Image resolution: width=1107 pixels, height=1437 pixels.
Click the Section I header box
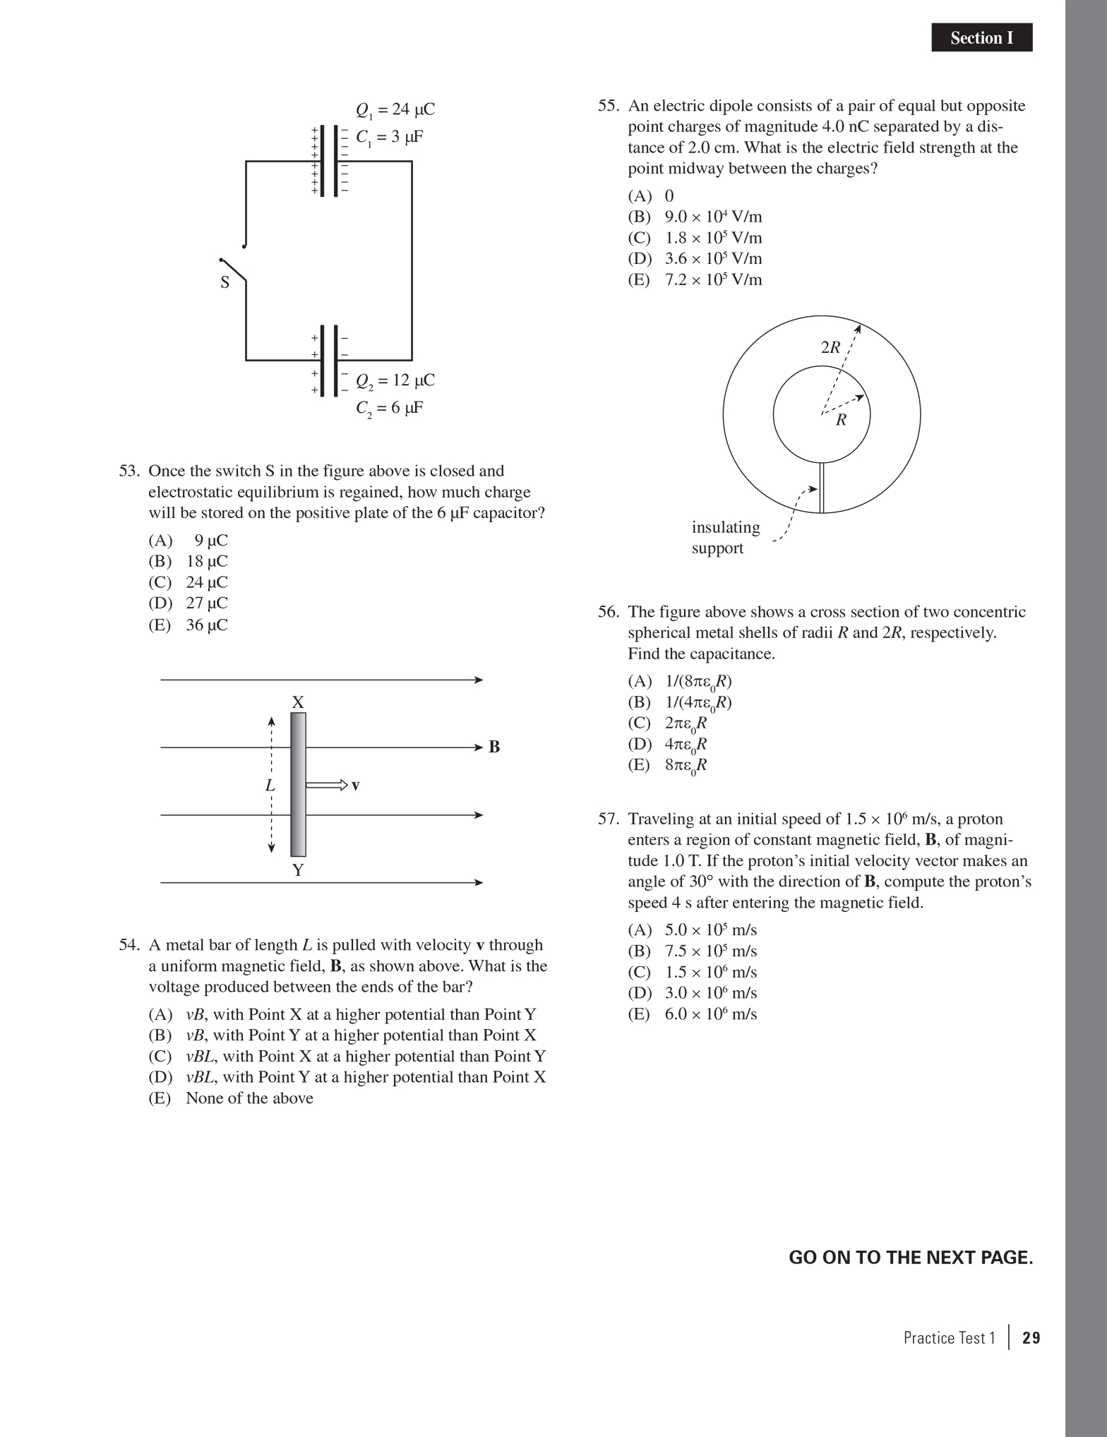point(981,37)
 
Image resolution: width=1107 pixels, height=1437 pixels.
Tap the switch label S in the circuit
point(225,283)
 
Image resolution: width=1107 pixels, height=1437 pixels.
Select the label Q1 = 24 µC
point(395,110)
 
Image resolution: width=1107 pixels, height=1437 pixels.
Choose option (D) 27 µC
point(189,603)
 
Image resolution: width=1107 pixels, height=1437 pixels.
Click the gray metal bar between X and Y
point(298,784)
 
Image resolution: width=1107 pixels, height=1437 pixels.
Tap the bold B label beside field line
point(494,747)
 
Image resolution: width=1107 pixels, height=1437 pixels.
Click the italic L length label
point(270,785)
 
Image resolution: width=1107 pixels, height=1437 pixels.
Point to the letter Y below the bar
point(298,870)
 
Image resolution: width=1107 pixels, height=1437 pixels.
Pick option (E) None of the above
point(231,1098)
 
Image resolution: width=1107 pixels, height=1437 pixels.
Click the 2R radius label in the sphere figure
point(830,347)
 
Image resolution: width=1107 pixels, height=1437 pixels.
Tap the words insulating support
point(726,538)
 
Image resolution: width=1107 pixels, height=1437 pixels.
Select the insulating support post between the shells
point(822,487)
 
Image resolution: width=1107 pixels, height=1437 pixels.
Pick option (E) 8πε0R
point(668,765)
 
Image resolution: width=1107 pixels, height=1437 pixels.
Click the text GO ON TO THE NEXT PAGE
point(911,1258)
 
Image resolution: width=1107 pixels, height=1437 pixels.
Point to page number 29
point(1031,1338)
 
